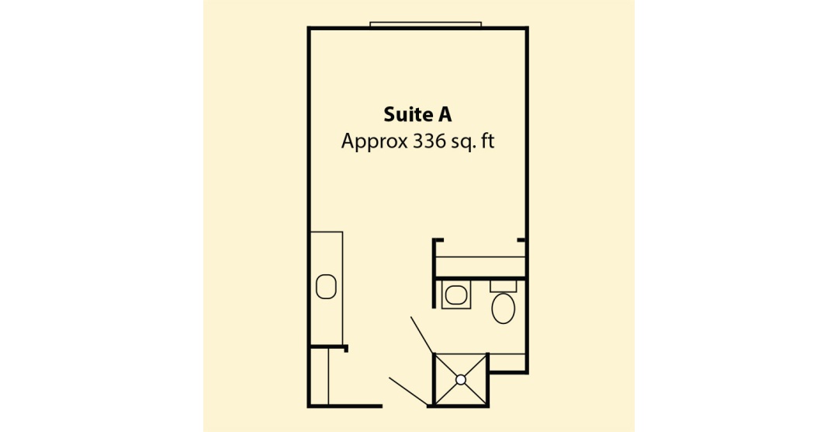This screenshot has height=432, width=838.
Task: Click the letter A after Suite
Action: (445, 114)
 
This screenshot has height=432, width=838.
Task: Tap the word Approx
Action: (374, 141)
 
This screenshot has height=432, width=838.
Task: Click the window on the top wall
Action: (426, 24)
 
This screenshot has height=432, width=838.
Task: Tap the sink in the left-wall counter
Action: (326, 287)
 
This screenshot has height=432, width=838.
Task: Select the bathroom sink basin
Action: (456, 294)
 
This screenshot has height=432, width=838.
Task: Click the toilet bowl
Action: (503, 308)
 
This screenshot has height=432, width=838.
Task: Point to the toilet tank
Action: (504, 286)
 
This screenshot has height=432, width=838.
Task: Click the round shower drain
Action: (461, 379)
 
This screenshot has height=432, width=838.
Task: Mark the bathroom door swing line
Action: (421, 335)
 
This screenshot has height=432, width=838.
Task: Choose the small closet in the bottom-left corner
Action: (319, 377)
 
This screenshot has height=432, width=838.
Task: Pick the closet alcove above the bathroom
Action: (480, 258)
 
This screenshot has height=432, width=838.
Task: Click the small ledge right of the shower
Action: (507, 362)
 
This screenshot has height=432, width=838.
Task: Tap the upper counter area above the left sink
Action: (326, 252)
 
